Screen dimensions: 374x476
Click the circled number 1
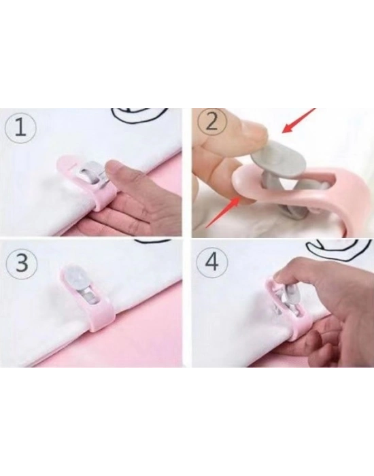21,128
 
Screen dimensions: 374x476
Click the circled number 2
212,123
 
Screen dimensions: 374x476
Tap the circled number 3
22,263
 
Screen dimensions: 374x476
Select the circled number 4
212,262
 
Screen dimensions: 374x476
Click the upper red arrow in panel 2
299,120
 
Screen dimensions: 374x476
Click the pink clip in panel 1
87,183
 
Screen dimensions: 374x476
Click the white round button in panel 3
78,278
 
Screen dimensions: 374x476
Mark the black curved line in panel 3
153,241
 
